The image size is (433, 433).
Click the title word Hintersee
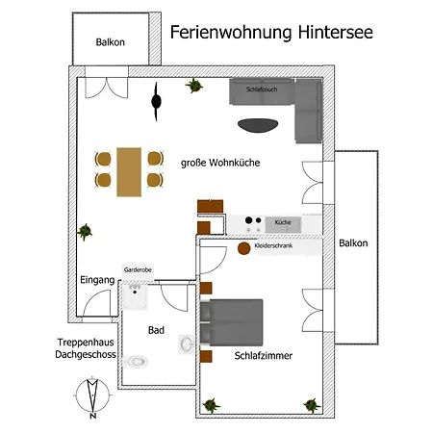coord(336,33)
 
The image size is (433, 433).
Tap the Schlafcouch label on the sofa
coord(262,89)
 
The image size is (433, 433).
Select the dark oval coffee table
coord(258,125)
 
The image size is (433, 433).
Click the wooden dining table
coord(129,172)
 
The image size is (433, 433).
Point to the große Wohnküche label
coord(220,163)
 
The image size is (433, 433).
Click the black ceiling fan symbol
coord(156,101)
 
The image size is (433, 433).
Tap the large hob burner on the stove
coord(248,220)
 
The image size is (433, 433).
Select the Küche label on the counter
coord(283,222)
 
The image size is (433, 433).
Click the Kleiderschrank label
coord(273,245)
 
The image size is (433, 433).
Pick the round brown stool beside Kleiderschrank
coord(243,248)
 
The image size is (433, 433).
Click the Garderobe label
coord(138,269)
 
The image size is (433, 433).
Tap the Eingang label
coord(97,280)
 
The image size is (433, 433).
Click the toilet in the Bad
coord(136,362)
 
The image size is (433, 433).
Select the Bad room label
coord(156,330)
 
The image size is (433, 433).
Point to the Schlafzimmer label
coord(264,356)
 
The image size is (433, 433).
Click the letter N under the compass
coord(92,416)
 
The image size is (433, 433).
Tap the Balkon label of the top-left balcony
coord(111,42)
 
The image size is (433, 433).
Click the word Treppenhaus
coord(86,343)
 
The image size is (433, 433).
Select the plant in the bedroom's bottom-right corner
coord(312,405)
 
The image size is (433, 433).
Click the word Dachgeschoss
coord(86,354)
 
